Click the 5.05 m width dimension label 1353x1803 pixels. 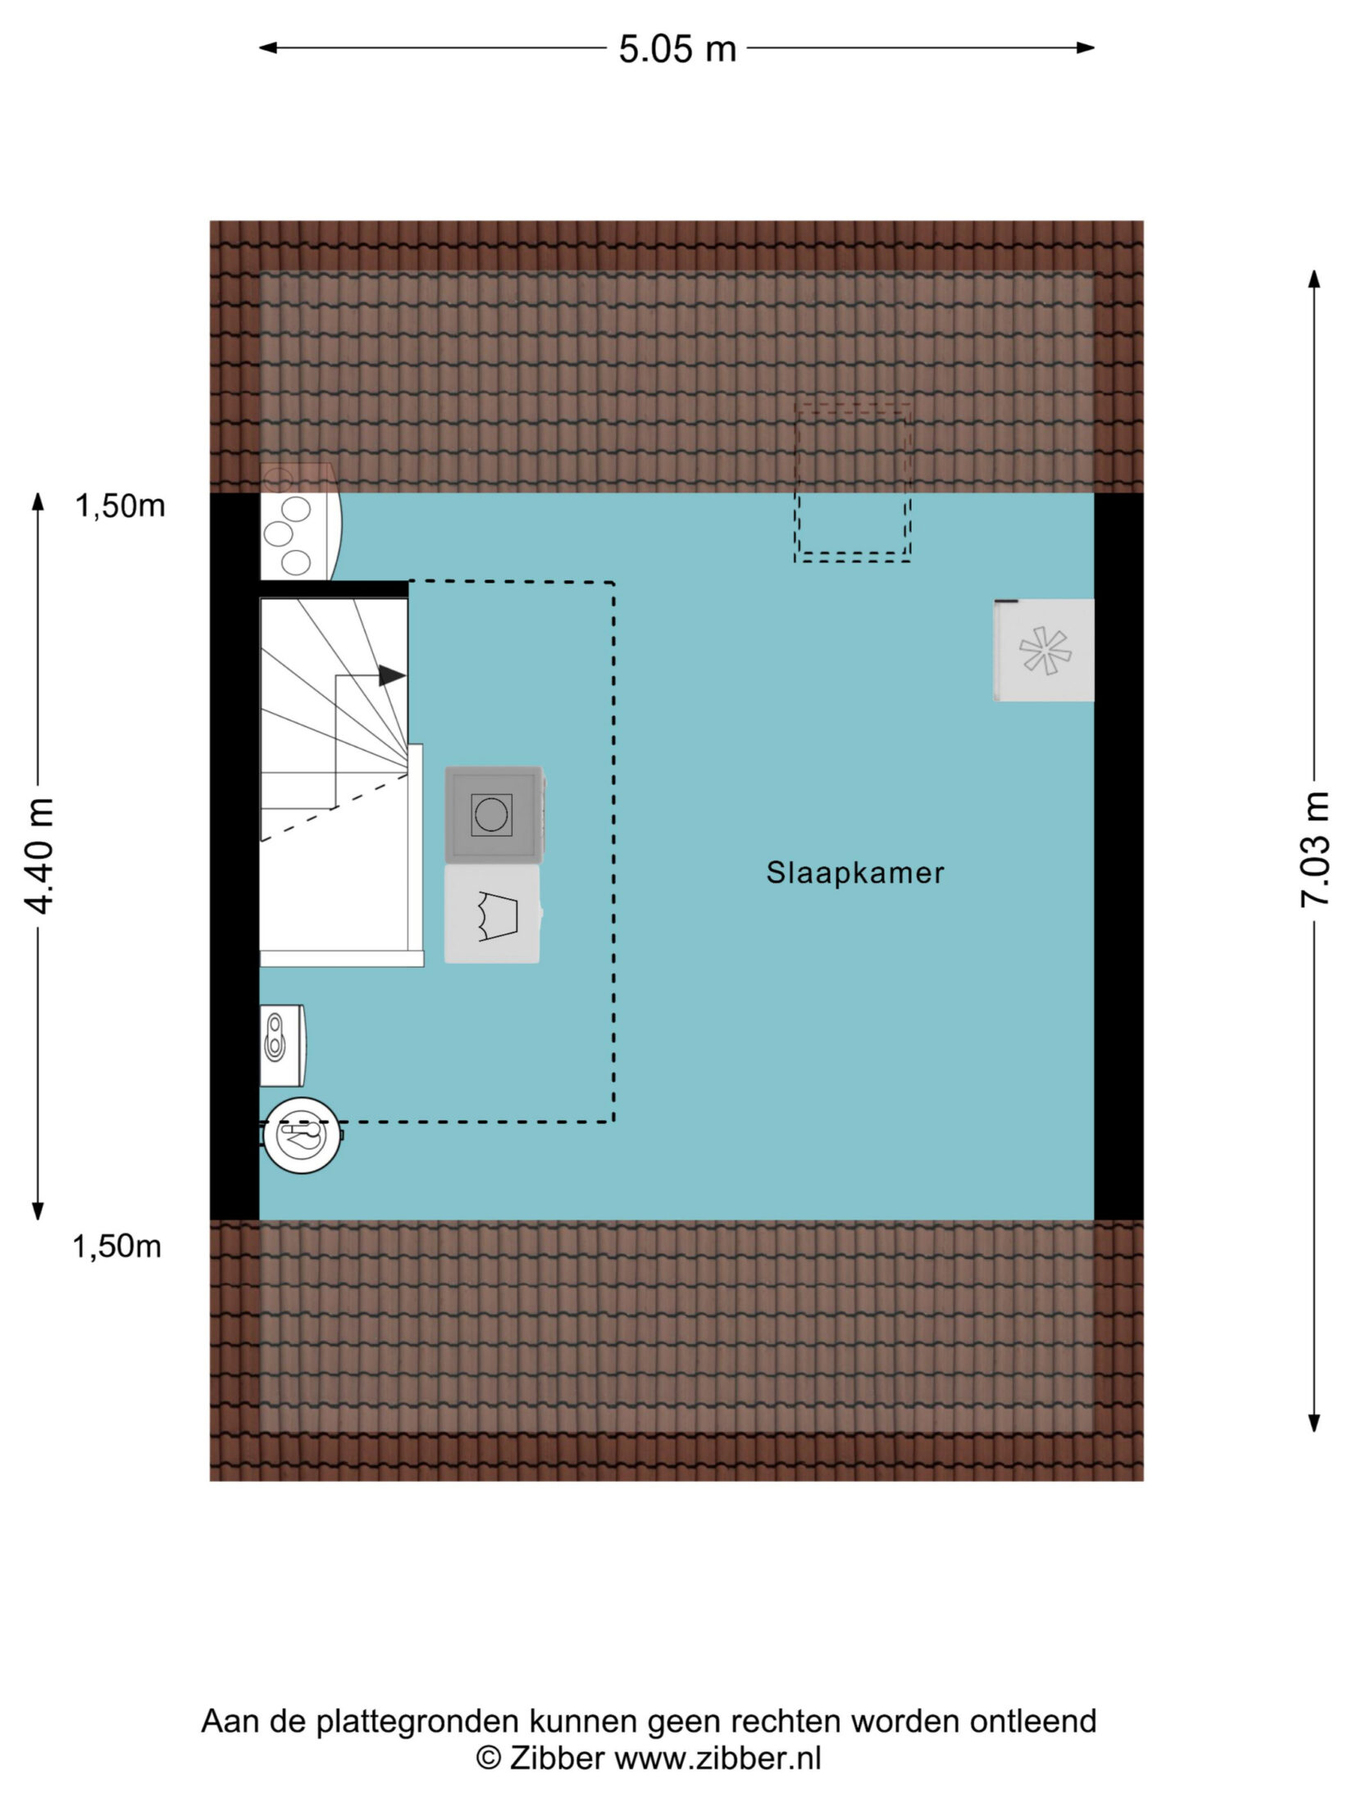point(677,49)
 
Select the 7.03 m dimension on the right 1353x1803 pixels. point(1314,848)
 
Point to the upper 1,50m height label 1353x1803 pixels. point(121,506)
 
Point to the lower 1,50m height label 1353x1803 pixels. point(117,1247)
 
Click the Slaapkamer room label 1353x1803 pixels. point(854,873)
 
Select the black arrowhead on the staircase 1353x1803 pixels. point(392,675)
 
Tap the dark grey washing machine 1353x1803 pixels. point(494,815)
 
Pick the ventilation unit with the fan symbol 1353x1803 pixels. point(1044,650)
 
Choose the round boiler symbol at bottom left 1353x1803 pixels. point(302,1135)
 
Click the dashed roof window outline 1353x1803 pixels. point(853,483)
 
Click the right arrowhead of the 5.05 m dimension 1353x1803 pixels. point(1086,48)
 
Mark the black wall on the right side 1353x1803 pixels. point(1119,856)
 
